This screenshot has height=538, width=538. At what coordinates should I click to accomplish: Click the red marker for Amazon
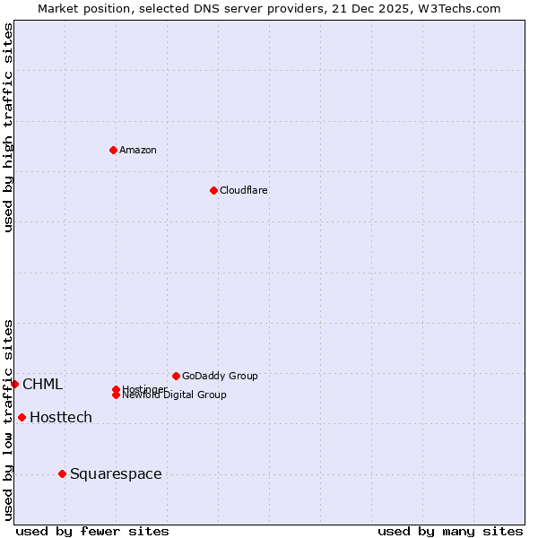(x=113, y=150)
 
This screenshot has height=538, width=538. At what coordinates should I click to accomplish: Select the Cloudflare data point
(x=213, y=190)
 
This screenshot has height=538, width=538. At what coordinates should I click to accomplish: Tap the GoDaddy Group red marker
(x=176, y=376)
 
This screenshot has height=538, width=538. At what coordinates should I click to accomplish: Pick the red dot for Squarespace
(x=62, y=473)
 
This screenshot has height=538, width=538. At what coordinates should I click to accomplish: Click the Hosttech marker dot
(x=22, y=417)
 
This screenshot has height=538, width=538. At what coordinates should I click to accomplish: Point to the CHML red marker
(x=14, y=384)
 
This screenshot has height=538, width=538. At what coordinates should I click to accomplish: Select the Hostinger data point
(x=116, y=389)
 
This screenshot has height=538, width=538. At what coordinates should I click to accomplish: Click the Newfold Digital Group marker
(x=116, y=395)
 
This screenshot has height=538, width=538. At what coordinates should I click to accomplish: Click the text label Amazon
(x=137, y=150)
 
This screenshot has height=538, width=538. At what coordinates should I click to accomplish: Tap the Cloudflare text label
(x=243, y=190)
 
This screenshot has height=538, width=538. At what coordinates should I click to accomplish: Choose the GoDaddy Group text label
(x=220, y=376)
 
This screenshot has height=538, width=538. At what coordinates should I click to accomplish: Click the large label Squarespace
(x=116, y=473)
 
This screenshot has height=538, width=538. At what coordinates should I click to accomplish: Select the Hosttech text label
(x=61, y=417)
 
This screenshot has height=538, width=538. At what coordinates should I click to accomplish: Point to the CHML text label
(x=42, y=384)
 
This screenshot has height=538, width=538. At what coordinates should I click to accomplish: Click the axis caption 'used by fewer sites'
(x=92, y=531)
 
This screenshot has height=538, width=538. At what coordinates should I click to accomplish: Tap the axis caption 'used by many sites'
(x=450, y=531)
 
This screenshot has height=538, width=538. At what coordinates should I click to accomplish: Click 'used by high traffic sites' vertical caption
(x=8, y=128)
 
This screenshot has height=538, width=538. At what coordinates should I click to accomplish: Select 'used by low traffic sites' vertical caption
(x=8, y=420)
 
